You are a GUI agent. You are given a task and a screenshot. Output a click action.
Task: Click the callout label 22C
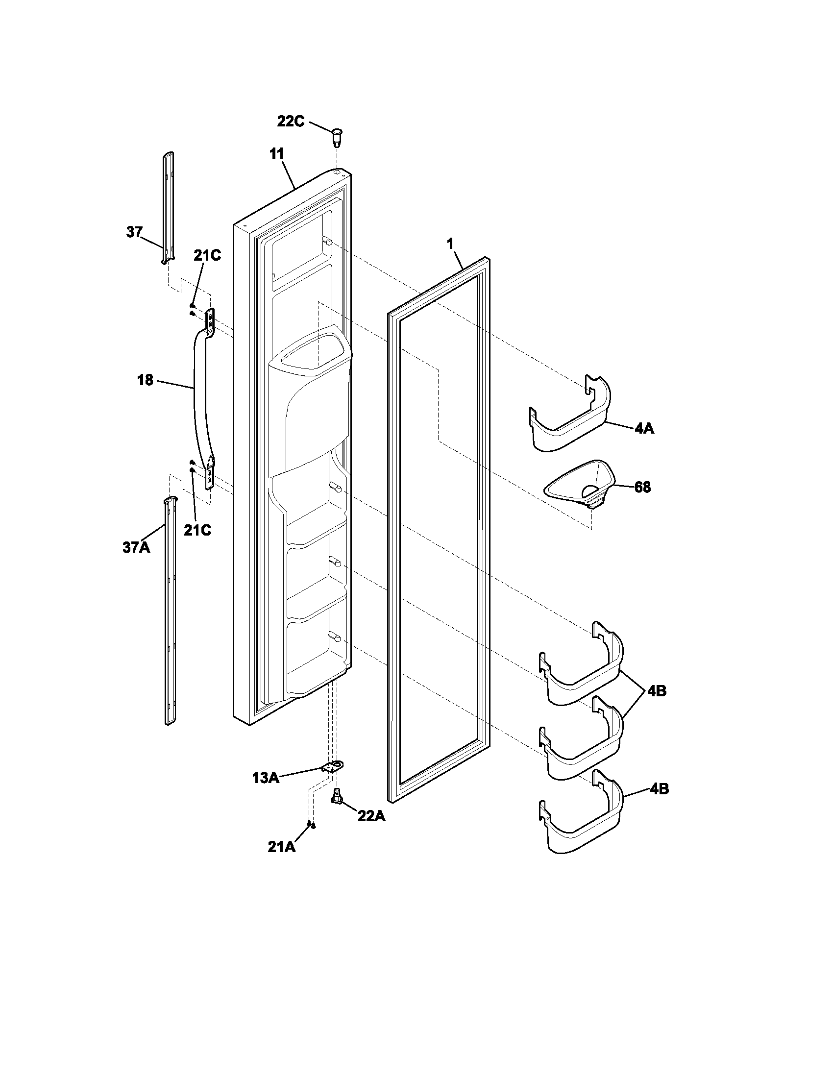(291, 121)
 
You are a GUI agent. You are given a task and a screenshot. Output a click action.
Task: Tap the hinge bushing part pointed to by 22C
(337, 137)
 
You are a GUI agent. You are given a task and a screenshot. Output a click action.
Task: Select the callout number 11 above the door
(277, 153)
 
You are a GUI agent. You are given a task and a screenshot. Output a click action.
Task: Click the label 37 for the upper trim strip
(134, 232)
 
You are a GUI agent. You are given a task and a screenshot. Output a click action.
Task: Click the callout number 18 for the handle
(145, 380)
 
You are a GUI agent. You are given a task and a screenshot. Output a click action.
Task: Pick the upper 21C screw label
(207, 255)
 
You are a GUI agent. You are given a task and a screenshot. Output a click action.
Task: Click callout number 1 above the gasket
(449, 244)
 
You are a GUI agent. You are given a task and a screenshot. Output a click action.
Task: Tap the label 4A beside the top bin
(644, 428)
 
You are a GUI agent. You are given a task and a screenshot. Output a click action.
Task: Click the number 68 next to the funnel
(642, 488)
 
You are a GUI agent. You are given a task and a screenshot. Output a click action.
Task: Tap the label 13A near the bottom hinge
(266, 779)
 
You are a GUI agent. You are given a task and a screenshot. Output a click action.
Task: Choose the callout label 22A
(371, 816)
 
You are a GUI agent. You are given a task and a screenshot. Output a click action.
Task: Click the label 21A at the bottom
(282, 847)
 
